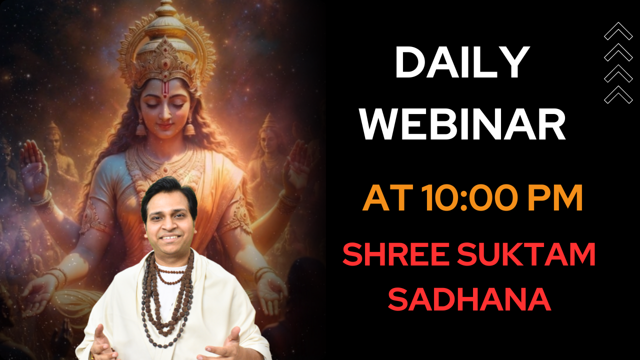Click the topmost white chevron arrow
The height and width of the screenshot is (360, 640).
618,31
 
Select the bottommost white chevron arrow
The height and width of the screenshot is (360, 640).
618,94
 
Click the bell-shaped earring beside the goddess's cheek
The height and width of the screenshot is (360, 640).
190,129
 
